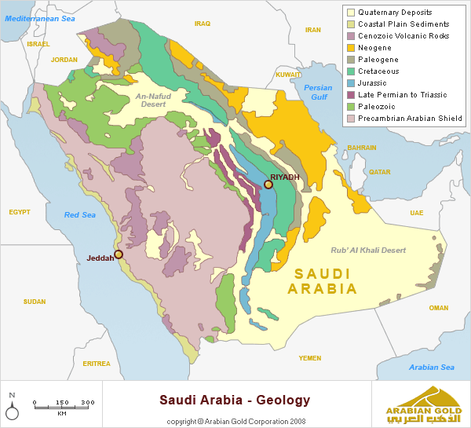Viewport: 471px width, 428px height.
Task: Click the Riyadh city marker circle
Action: (268, 185)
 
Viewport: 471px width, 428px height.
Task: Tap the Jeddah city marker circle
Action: (119, 254)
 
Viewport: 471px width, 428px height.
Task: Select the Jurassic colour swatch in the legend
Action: (350, 83)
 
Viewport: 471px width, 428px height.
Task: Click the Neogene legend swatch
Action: (350, 48)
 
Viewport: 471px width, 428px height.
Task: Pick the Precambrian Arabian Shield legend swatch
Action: (350, 119)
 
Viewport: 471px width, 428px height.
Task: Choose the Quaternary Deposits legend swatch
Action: (350, 13)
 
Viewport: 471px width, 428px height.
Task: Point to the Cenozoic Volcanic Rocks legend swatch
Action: (350, 36)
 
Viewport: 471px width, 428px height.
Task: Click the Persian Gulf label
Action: (318, 92)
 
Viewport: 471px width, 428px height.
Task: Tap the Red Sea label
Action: (79, 214)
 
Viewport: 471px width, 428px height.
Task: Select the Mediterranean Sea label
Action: (36, 16)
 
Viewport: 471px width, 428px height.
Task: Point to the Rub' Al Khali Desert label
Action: (368, 250)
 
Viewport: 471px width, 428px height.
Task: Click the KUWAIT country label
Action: (289, 74)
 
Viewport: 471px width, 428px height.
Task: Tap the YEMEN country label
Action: (310, 357)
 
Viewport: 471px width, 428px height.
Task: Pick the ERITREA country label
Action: (97, 364)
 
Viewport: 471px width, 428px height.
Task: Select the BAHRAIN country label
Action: (362, 148)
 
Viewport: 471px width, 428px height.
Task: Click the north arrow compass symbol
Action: (13, 408)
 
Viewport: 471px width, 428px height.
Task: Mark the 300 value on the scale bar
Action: (88, 402)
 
